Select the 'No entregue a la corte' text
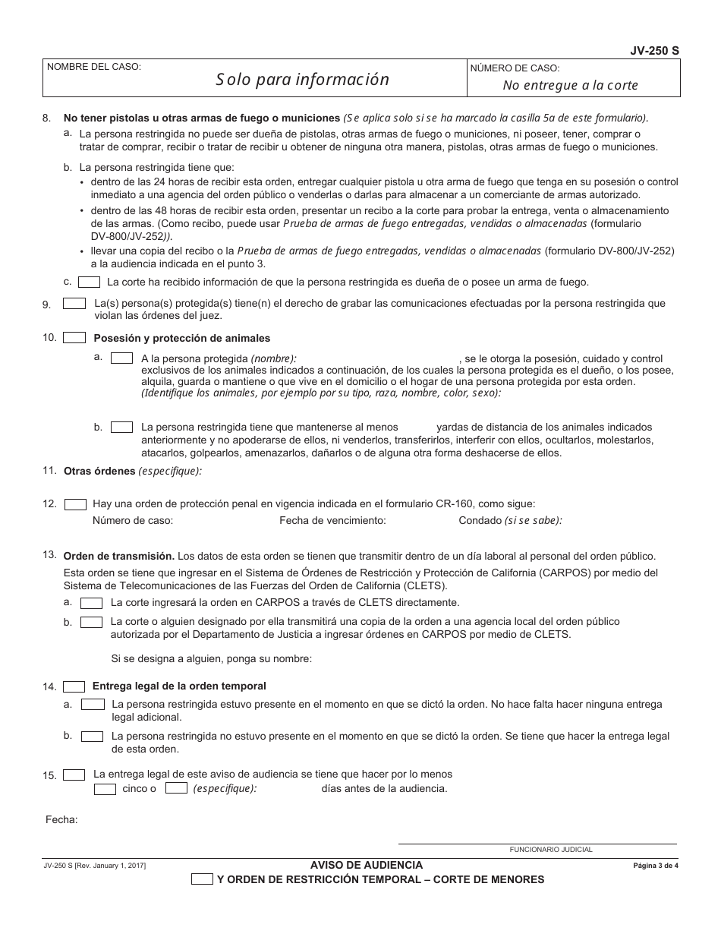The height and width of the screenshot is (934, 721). pyautogui.click(x=570, y=85)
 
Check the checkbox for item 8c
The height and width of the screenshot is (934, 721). pyautogui.click(x=90, y=282)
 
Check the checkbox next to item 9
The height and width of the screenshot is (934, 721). pyautogui.click(x=74, y=303)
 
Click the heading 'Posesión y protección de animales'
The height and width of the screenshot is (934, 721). pyautogui.click(x=181, y=338)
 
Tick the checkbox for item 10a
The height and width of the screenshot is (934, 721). pyautogui.click(x=121, y=358)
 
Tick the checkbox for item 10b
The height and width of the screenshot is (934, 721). pyautogui.click(x=121, y=428)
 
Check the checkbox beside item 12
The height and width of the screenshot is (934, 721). pyautogui.click(x=75, y=503)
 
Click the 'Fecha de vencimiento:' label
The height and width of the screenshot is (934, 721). pyautogui.click(x=332, y=520)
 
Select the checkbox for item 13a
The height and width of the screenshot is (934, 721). pyautogui.click(x=91, y=603)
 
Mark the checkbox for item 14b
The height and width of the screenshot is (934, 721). pyautogui.click(x=93, y=736)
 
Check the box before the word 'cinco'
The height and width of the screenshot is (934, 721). pyautogui.click(x=105, y=789)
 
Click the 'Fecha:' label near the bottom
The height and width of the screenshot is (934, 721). pyautogui.click(x=61, y=819)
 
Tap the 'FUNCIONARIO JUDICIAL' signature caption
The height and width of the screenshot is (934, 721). pyautogui.click(x=550, y=850)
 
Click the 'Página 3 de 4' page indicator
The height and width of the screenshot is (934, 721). pyautogui.click(x=655, y=866)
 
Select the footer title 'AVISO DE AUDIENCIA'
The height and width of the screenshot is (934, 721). pyautogui.click(x=367, y=865)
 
